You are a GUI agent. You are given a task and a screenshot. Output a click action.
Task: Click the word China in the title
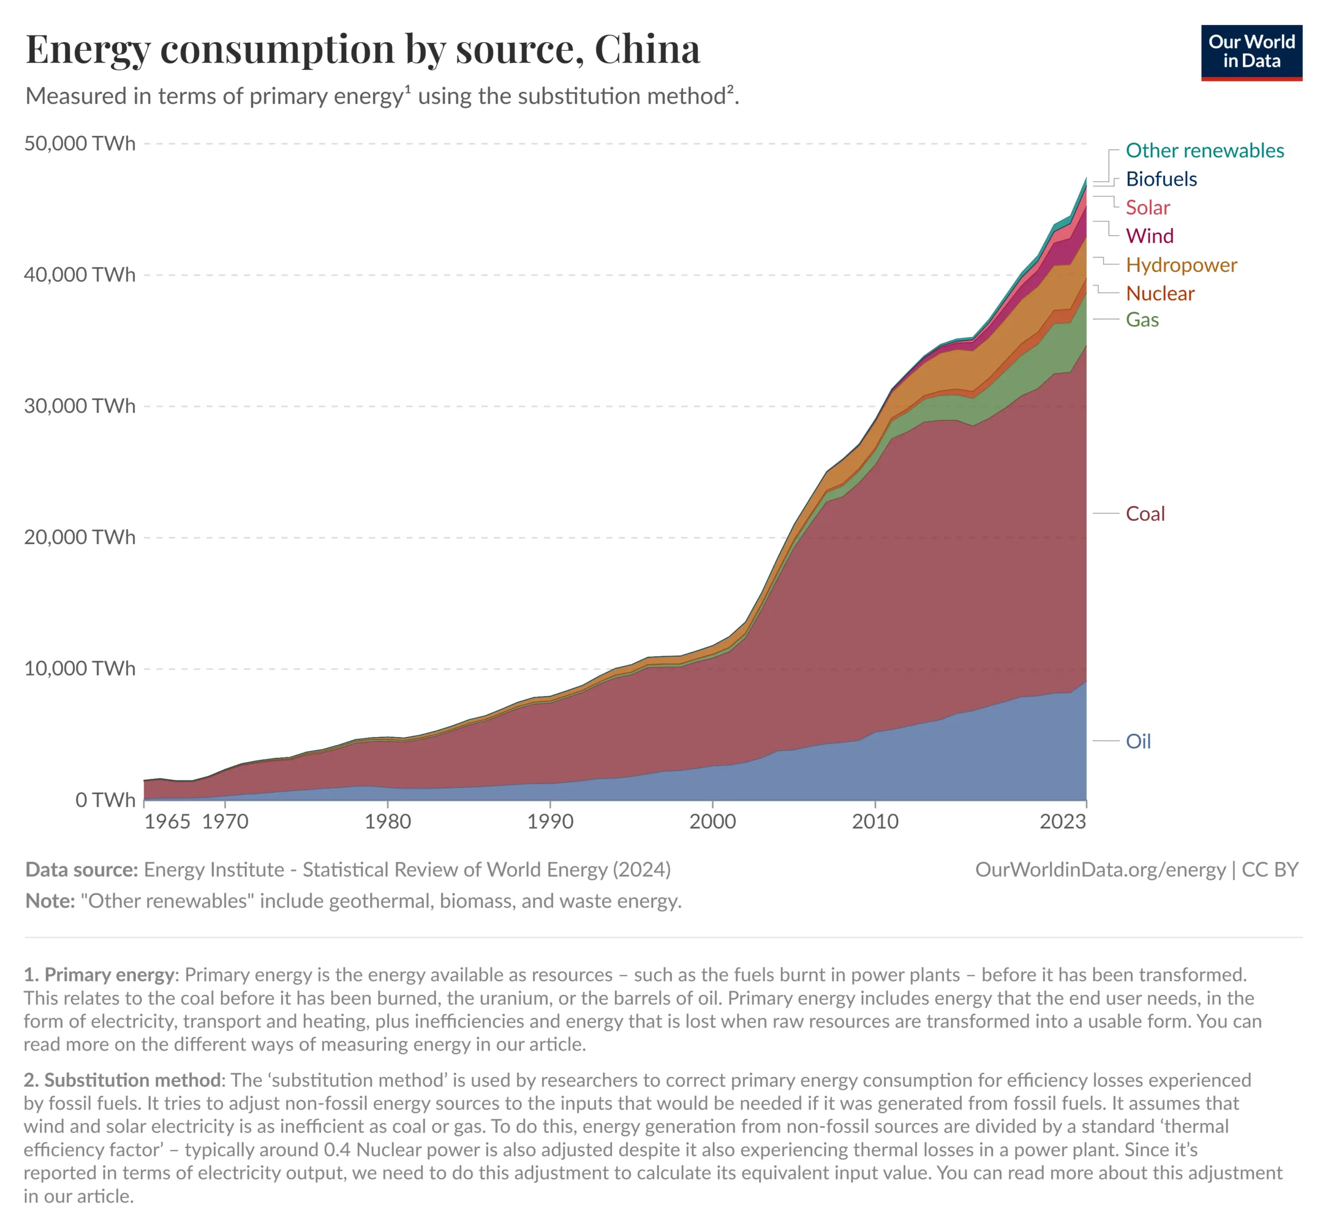coord(647,49)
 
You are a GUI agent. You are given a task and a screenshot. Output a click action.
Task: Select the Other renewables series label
coord(1204,150)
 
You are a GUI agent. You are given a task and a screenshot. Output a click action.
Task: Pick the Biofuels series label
coord(1160,179)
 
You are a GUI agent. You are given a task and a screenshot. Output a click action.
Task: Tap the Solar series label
coord(1147,208)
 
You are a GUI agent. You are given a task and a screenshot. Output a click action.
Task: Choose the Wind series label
coord(1150,236)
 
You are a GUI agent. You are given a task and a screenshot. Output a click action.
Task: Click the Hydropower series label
coord(1181,265)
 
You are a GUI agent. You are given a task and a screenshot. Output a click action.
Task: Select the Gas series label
coord(1142,320)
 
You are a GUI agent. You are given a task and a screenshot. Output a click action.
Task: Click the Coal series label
coord(1145,514)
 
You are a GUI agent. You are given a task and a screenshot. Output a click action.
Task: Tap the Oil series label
coord(1138,741)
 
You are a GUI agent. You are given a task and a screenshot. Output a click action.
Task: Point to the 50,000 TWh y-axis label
coord(79,144)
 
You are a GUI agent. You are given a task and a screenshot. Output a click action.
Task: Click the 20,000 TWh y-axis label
coord(79,537)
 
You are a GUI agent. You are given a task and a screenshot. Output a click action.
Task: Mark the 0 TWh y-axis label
coord(105,800)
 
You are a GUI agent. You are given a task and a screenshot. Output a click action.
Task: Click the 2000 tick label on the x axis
coord(712,821)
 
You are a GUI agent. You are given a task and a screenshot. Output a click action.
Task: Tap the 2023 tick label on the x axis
coord(1063,821)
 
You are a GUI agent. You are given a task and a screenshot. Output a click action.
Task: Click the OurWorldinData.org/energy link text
coord(1100,870)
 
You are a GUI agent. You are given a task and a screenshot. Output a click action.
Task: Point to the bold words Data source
coord(81,870)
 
